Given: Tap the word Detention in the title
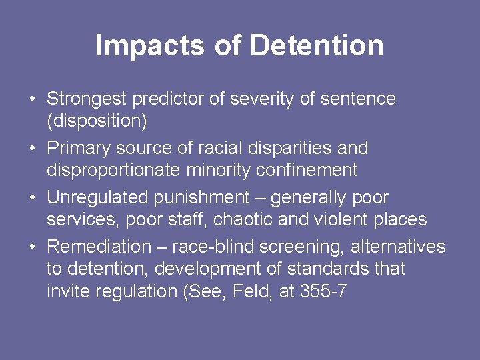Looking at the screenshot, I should coord(317,45).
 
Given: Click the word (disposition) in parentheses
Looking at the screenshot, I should coord(97,121).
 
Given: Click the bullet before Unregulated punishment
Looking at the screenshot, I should coord(32,197).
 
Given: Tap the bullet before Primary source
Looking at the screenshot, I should coord(32,148).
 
